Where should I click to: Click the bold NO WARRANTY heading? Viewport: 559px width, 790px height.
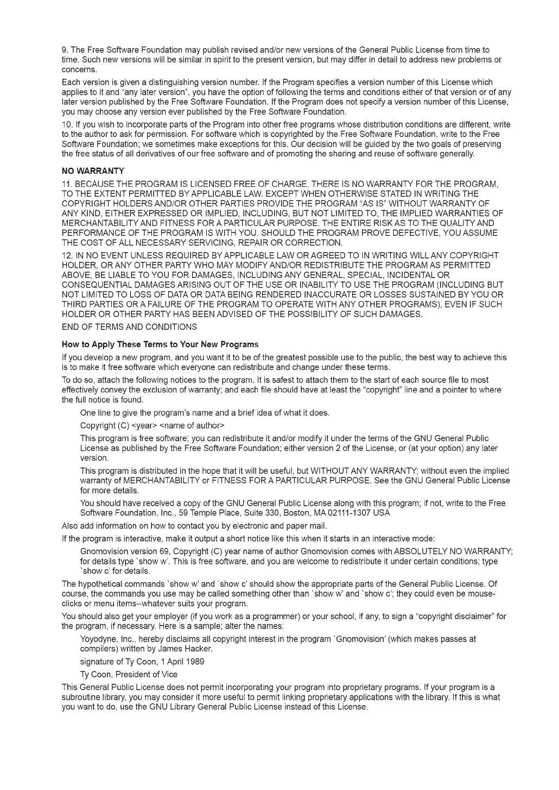(93, 171)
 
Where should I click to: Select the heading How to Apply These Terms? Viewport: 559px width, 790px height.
(160, 344)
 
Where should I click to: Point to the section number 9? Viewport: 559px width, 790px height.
(65, 50)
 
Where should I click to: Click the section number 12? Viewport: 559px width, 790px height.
(67, 255)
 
